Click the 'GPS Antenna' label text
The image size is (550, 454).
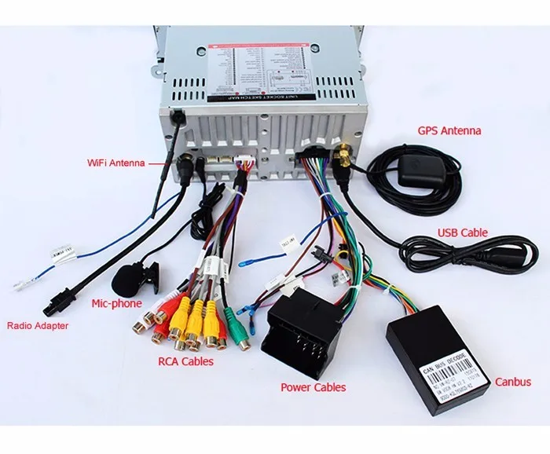449,130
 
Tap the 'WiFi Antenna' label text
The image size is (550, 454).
115,163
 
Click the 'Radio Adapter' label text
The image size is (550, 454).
38,326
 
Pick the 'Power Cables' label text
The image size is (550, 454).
313,386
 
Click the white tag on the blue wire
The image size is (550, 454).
59,254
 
